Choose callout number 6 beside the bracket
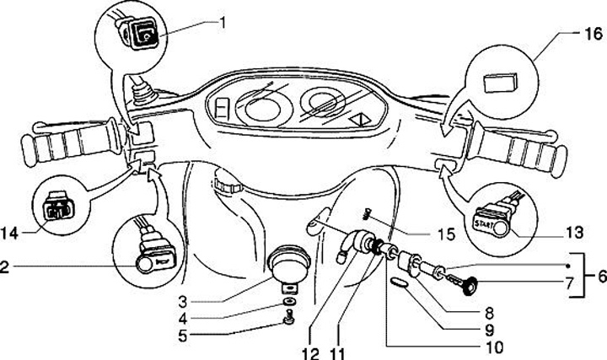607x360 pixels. [x=599, y=276]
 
